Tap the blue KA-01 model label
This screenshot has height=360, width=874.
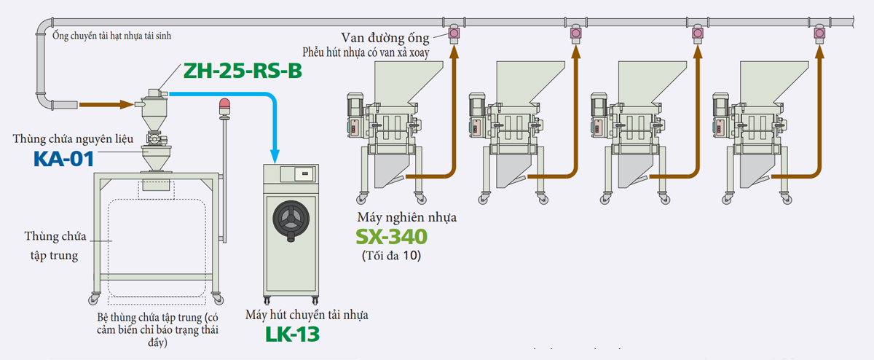tap(64, 159)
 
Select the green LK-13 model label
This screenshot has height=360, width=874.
tap(291, 334)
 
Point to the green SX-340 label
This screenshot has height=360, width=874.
tap(391, 237)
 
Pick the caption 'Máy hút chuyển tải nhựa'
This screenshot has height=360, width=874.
tap(307, 315)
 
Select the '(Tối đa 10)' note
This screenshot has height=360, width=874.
tap(391, 256)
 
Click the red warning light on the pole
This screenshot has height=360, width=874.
tap(224, 106)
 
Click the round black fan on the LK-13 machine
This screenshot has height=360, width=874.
tap(292, 216)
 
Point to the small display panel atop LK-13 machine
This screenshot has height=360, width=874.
tap(304, 175)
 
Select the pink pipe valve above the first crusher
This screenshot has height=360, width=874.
tap(454, 32)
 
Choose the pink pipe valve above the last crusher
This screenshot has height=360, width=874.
tap(819, 32)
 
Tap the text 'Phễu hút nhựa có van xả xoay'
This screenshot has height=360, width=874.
tap(366, 52)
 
